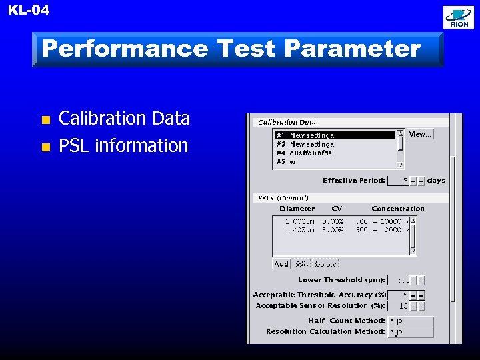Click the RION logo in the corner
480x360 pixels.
click(x=459, y=17)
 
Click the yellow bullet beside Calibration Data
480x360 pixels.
click(x=45, y=121)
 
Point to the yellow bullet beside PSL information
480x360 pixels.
click(x=45, y=147)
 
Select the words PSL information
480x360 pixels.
click(x=123, y=145)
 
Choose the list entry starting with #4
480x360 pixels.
click(x=304, y=153)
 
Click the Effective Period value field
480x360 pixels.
click(x=398, y=181)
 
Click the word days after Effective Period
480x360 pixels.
click(x=437, y=181)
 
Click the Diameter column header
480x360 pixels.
click(x=297, y=209)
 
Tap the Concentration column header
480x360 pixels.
click(x=398, y=209)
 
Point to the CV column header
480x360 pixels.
click(x=337, y=209)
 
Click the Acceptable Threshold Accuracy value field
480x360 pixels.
click(x=398, y=295)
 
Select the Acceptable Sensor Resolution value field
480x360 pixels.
click(x=398, y=306)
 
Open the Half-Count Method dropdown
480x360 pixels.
click(x=411, y=321)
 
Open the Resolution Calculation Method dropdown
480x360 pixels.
click(x=411, y=331)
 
